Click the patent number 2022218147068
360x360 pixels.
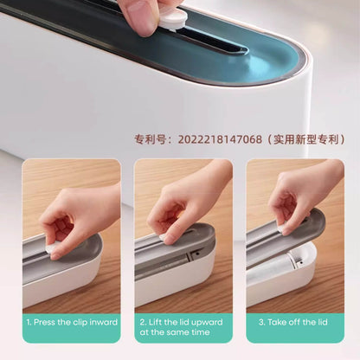pos(220,139)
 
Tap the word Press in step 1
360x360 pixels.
pos(44,322)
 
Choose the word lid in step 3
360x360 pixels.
pos(322,322)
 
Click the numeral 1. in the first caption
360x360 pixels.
pos(29,322)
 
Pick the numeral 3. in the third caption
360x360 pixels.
pos(261,322)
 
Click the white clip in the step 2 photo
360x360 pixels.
pos(163,237)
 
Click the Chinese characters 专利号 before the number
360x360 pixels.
pos(150,139)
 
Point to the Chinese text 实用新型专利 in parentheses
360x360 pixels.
pos(306,139)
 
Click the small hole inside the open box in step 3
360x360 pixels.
pos(301,262)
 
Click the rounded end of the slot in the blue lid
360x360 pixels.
pos(244,49)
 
